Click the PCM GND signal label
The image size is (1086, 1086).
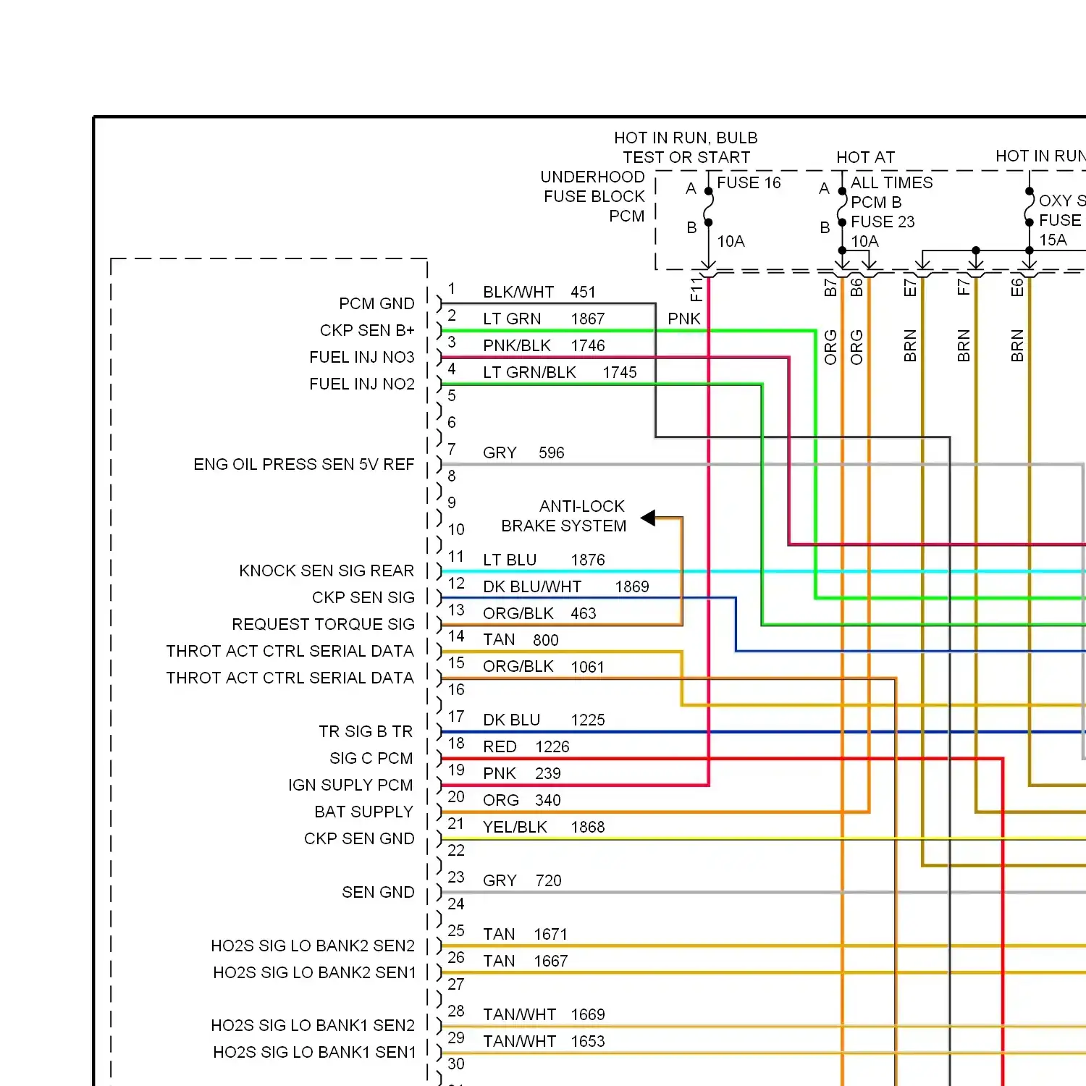click(376, 303)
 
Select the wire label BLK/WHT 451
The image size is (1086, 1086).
click(539, 292)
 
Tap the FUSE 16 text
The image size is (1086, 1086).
click(749, 182)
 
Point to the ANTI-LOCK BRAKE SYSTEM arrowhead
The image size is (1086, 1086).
click(649, 518)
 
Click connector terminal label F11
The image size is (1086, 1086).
click(696, 289)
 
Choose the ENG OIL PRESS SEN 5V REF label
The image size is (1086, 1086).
click(303, 464)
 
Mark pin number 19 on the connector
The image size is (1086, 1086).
click(456, 770)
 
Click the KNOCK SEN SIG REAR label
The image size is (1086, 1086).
click(327, 571)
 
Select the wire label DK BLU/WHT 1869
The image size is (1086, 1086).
click(565, 586)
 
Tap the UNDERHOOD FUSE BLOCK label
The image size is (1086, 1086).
click(593, 187)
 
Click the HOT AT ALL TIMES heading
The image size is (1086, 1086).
click(866, 157)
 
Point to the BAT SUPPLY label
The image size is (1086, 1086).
click(363, 812)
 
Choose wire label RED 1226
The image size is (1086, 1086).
click(526, 746)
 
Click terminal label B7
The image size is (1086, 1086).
click(830, 288)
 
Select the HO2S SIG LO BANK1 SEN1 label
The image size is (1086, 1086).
click(314, 1052)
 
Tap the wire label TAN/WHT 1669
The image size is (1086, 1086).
click(544, 1014)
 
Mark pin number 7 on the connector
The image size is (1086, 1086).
click(452, 449)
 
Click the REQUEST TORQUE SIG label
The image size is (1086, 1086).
click(323, 624)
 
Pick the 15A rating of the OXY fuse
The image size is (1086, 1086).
click(1053, 240)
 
